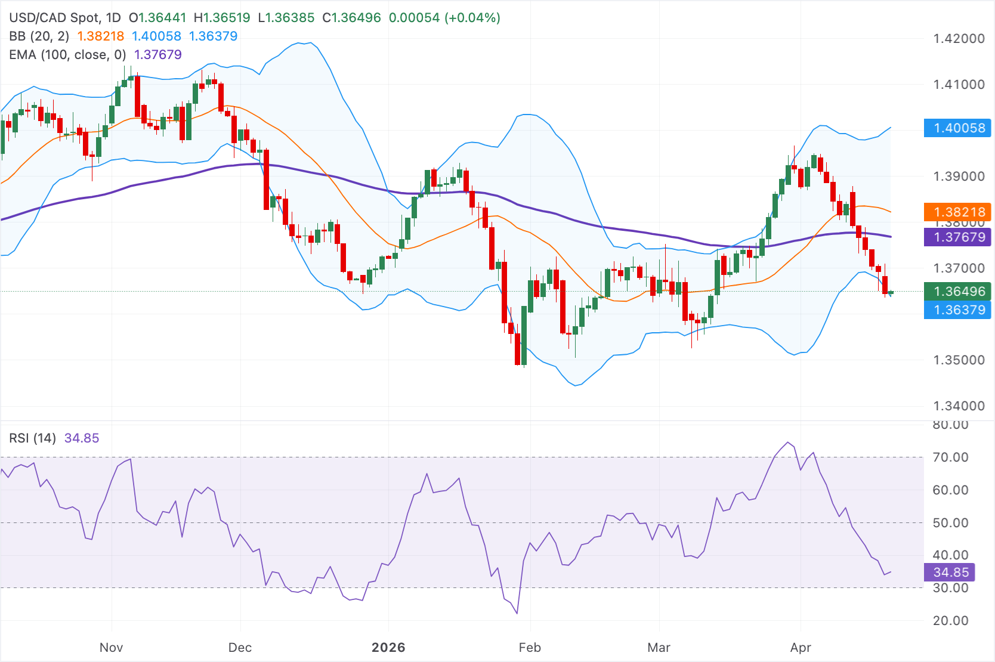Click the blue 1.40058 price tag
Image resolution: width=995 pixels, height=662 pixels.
coord(957,128)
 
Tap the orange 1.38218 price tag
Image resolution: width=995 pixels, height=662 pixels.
coord(957,212)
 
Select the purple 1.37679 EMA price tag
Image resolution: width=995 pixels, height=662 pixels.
coord(957,237)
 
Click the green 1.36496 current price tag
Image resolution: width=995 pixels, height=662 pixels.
coord(957,291)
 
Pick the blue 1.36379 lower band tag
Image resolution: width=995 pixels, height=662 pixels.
coord(957,310)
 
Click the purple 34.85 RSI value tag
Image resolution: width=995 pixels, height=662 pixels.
coord(950,572)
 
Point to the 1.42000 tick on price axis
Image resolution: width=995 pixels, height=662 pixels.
coord(959,39)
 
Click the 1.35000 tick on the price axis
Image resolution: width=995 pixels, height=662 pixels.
coord(959,360)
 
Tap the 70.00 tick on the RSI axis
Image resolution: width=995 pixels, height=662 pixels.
coord(950,457)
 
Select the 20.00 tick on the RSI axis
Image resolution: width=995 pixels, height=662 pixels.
coord(950,620)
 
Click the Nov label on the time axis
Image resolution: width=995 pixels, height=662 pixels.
coord(111,647)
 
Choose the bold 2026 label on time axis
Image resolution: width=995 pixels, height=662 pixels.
coord(388,647)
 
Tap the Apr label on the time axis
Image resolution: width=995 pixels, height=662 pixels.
coord(801,647)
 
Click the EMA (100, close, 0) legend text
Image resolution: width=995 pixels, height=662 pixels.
coord(67,55)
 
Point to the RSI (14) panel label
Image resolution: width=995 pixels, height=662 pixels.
coord(32,438)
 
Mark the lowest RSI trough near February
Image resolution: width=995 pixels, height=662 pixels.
coord(517,613)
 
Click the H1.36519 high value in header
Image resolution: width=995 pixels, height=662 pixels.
coord(222,18)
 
